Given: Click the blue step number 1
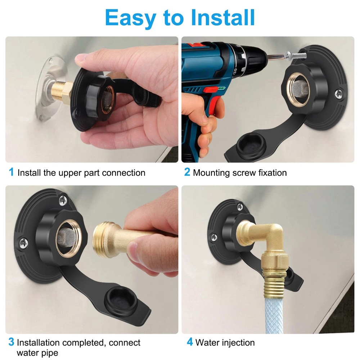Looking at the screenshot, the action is click(12, 172).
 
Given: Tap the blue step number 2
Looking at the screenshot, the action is click(187, 172).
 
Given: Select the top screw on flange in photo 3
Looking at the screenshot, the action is click(64, 198).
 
